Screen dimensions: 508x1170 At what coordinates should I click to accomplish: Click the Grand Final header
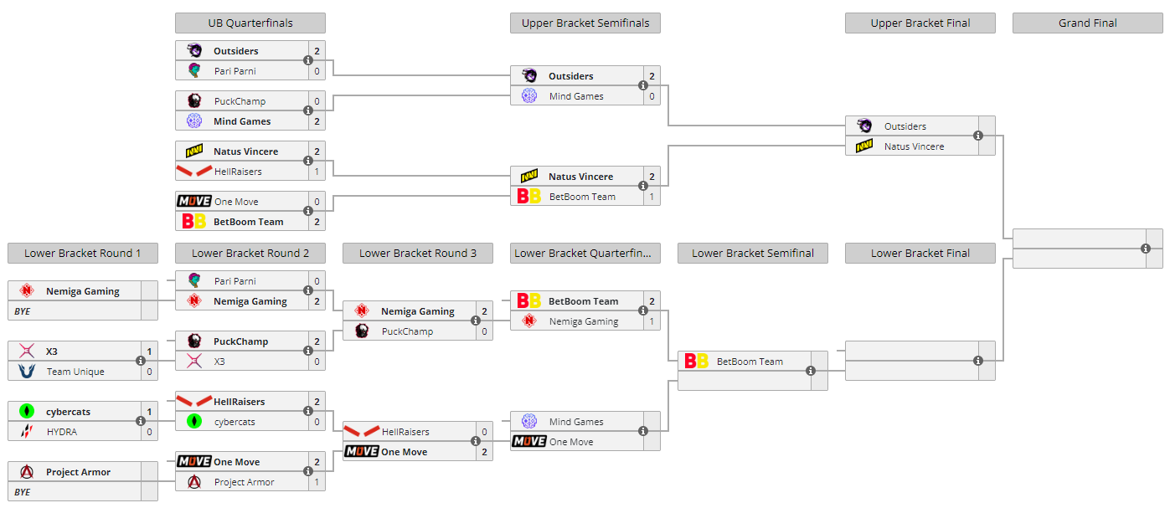pyautogui.click(x=1087, y=23)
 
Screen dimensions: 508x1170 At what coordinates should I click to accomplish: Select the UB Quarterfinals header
pyautogui.click(x=250, y=23)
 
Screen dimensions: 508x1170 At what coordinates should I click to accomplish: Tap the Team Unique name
pyautogui.click(x=75, y=372)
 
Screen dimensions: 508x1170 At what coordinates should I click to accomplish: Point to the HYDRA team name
pyautogui.click(x=61, y=432)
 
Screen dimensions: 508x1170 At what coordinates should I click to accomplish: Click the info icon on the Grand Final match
pyautogui.click(x=1145, y=249)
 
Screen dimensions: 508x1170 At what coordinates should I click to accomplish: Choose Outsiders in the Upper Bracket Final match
pyautogui.click(x=905, y=126)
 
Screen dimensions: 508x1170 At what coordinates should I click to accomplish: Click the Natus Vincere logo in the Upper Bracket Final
pyautogui.click(x=864, y=146)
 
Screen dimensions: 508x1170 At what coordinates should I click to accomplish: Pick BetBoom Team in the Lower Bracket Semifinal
pyautogui.click(x=750, y=362)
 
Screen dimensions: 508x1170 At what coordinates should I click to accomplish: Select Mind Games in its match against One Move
pyautogui.click(x=576, y=422)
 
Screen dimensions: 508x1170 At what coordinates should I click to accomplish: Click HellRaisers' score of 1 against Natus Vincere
pyautogui.click(x=317, y=172)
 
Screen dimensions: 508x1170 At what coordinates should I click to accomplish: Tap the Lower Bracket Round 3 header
pyautogui.click(x=417, y=253)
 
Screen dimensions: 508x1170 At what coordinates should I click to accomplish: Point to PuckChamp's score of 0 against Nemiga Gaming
pyautogui.click(x=484, y=331)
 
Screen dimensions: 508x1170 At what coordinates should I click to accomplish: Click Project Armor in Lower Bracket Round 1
pyautogui.click(x=78, y=472)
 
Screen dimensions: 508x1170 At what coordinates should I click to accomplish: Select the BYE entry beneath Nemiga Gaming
pyautogui.click(x=23, y=311)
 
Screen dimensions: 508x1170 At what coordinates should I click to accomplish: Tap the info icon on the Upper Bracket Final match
pyautogui.click(x=977, y=136)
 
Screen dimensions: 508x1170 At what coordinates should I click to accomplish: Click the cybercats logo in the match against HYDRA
pyautogui.click(x=27, y=412)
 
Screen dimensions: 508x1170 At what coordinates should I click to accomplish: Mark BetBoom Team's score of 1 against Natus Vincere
pyautogui.click(x=652, y=197)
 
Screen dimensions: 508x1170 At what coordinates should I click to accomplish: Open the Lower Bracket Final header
pyautogui.click(x=920, y=253)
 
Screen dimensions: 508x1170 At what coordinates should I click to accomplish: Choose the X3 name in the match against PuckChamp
pyautogui.click(x=219, y=362)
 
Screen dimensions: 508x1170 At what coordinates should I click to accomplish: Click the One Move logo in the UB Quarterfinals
pyautogui.click(x=193, y=202)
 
